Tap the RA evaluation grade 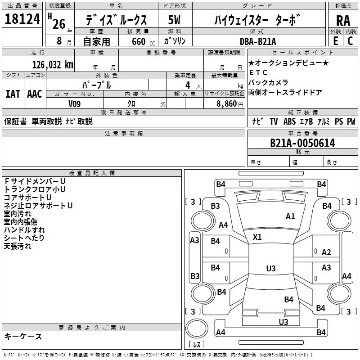click(x=343, y=21)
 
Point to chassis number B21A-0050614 click(x=302, y=143)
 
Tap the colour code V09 click(x=75, y=103)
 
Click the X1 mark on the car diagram click(x=257, y=237)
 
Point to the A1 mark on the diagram click(x=290, y=216)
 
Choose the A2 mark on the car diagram click(x=326, y=252)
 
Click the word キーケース click(x=23, y=336)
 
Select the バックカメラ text click(x=268, y=82)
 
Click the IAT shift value click(x=13, y=94)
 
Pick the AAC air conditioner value click(x=34, y=94)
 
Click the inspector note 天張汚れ click(x=18, y=246)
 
